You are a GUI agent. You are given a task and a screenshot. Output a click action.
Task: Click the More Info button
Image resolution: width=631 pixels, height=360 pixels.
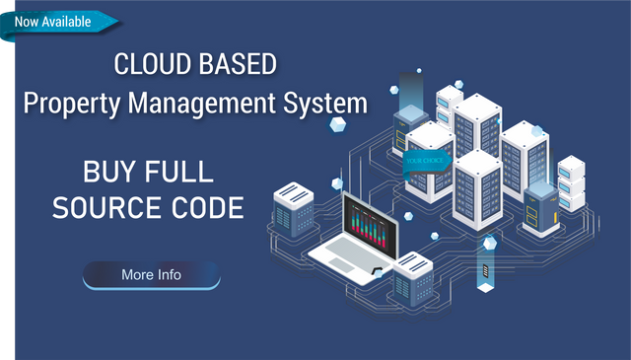(x=151, y=275)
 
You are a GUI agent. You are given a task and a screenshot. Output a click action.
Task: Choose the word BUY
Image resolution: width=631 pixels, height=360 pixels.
(x=110, y=172)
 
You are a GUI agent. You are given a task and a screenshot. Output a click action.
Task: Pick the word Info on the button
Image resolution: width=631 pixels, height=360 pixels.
(x=168, y=275)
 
